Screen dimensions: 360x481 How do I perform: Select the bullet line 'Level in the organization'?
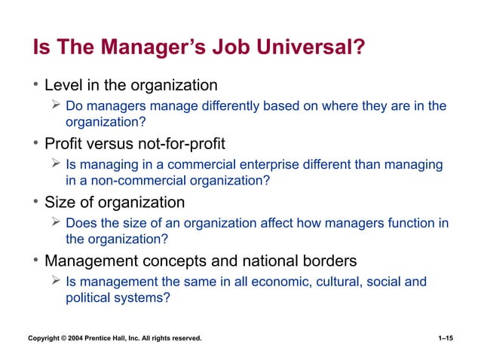130,85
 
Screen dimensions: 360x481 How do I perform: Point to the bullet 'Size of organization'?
115,202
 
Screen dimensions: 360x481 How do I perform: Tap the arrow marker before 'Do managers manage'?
55,105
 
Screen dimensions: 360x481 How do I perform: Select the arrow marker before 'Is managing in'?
55,164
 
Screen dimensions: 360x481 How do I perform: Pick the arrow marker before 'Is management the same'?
55,281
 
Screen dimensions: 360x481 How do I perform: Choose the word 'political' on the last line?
88,297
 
